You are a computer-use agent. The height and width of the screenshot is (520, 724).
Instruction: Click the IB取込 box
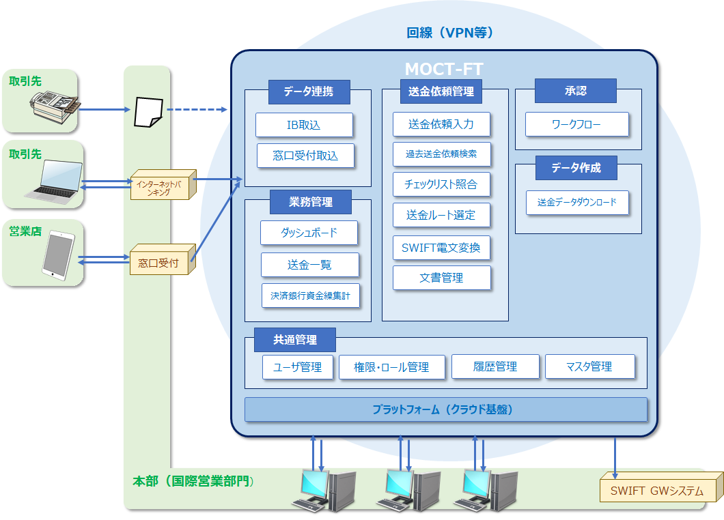click(x=304, y=125)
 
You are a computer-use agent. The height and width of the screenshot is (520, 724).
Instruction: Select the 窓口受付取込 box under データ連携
click(x=305, y=156)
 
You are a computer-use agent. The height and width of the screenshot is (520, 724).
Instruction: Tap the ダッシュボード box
click(x=309, y=233)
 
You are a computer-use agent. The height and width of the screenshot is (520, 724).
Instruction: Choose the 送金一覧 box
click(x=309, y=264)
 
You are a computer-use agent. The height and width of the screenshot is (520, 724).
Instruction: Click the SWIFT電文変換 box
click(x=441, y=247)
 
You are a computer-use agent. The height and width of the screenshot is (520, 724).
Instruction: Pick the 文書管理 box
click(x=441, y=278)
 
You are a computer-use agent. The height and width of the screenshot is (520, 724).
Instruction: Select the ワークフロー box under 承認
click(x=576, y=125)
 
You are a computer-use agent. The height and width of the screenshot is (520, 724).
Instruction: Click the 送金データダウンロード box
click(x=576, y=202)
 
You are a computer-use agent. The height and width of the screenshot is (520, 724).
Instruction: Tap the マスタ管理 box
click(x=589, y=366)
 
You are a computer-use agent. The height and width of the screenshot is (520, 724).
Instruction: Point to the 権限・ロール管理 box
click(x=391, y=367)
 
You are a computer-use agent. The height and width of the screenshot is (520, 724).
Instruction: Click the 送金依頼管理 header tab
click(x=441, y=91)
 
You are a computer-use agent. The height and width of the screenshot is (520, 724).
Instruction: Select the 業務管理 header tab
click(x=310, y=202)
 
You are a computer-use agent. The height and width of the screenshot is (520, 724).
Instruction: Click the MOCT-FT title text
click(x=444, y=70)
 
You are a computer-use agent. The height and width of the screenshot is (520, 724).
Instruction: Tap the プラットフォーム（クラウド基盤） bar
click(x=445, y=409)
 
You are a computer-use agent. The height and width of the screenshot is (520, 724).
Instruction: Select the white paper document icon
click(x=148, y=111)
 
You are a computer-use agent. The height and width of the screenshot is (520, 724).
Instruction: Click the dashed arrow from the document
click(x=197, y=109)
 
